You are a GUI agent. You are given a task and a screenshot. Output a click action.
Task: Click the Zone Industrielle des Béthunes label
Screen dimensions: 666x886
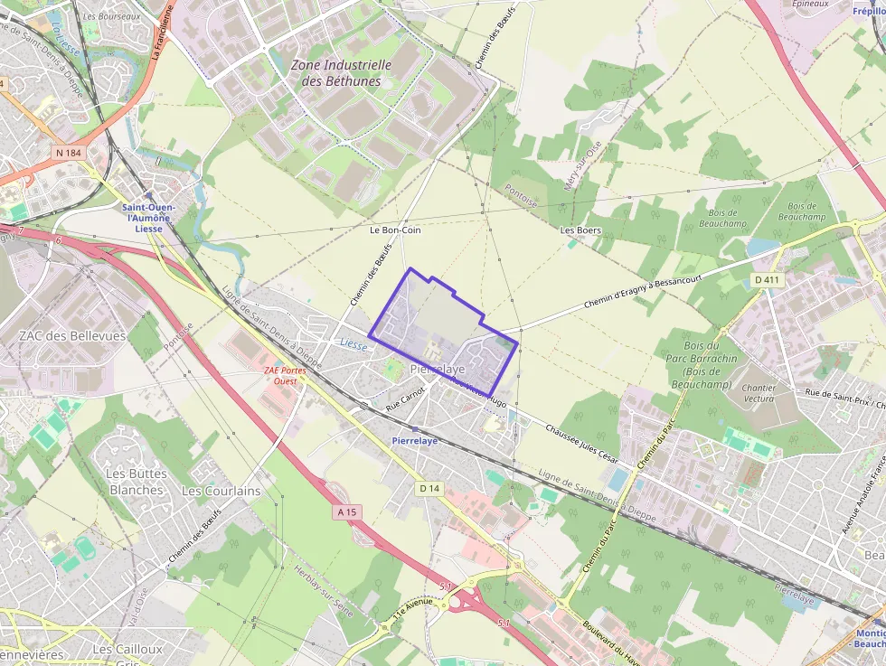tap(341, 73)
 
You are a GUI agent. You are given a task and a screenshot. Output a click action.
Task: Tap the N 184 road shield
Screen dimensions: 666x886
tap(69, 153)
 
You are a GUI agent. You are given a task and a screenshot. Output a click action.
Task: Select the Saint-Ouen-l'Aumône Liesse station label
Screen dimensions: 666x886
tap(148, 218)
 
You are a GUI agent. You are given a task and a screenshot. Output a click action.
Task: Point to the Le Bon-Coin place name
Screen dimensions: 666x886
tap(395, 230)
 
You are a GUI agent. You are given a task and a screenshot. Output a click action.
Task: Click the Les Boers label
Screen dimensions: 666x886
tap(580, 230)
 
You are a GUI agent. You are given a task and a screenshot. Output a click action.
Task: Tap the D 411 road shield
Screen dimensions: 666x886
tap(768, 280)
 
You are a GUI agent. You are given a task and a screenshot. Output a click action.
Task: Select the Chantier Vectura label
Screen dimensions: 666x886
tap(758, 393)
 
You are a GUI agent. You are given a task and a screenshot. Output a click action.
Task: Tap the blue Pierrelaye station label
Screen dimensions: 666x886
tap(415, 440)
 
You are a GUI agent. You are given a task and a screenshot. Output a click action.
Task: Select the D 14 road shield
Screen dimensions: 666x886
tap(429, 488)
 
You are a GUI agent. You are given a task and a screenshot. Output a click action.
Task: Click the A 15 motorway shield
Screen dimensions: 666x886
tap(347, 512)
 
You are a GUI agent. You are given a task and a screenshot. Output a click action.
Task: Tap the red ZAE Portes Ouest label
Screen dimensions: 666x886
tap(285, 376)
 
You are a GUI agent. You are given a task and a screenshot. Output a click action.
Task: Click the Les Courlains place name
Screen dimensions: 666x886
tap(221, 491)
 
